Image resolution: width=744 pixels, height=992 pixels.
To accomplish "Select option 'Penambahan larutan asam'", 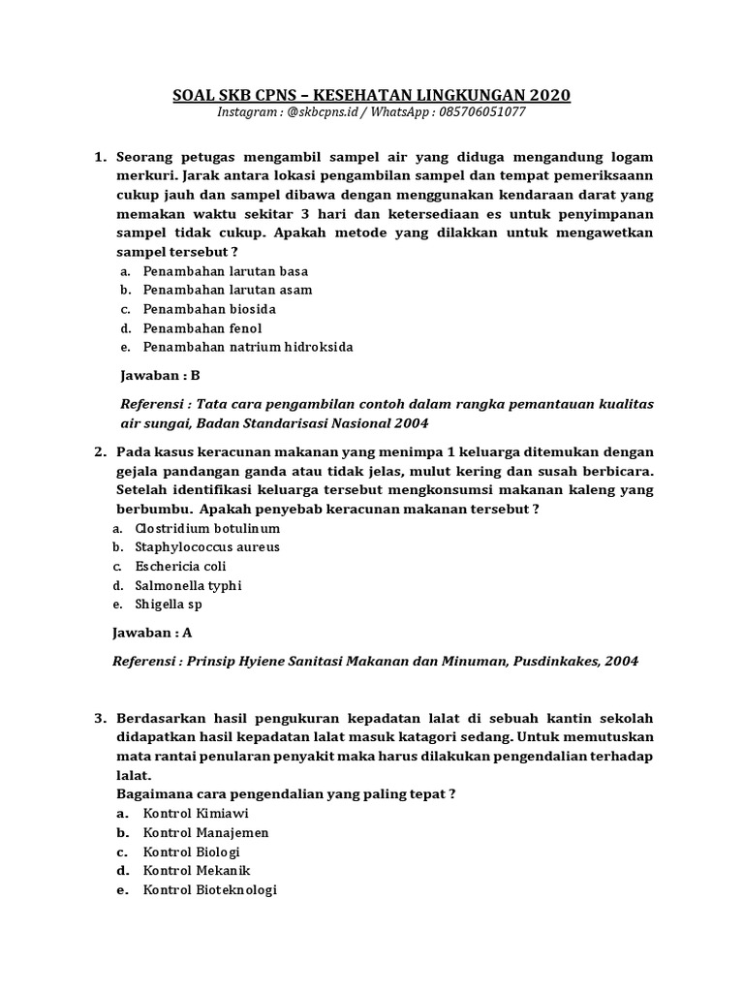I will coord(228,290).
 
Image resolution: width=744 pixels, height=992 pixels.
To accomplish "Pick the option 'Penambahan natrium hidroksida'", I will coord(248,347).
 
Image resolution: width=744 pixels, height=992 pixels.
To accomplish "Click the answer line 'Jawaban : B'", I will coord(159,376).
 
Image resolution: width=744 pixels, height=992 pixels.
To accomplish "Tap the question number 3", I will coord(100,718).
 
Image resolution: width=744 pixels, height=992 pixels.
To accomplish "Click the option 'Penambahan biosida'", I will coord(210,309).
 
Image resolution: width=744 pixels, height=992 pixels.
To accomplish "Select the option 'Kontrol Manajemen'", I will coord(206,833).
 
